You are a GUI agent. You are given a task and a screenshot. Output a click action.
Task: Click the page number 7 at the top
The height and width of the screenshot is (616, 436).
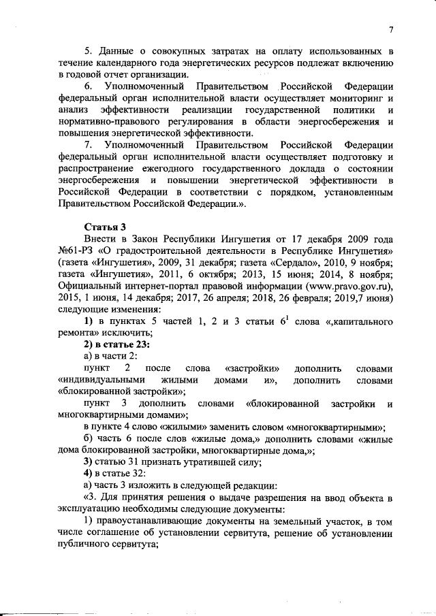392,29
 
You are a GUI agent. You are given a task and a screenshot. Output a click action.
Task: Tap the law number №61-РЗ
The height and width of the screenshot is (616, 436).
78,252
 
